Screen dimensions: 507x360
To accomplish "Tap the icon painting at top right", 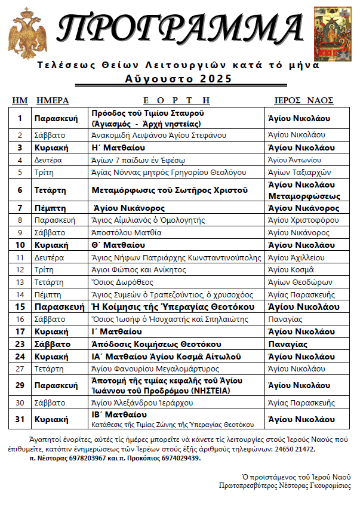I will tap(333, 34).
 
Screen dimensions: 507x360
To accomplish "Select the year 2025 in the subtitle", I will tap(217, 78).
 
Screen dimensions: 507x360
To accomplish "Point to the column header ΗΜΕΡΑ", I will tap(53, 100).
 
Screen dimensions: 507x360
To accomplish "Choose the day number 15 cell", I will tap(20, 306).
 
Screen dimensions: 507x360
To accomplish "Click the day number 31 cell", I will tap(20, 419).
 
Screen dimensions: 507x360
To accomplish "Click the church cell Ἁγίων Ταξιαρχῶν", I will tap(298, 172).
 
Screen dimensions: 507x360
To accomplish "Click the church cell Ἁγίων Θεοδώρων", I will tap(297, 282).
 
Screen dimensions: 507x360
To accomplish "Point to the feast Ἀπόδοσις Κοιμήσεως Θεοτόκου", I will tap(156, 344).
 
